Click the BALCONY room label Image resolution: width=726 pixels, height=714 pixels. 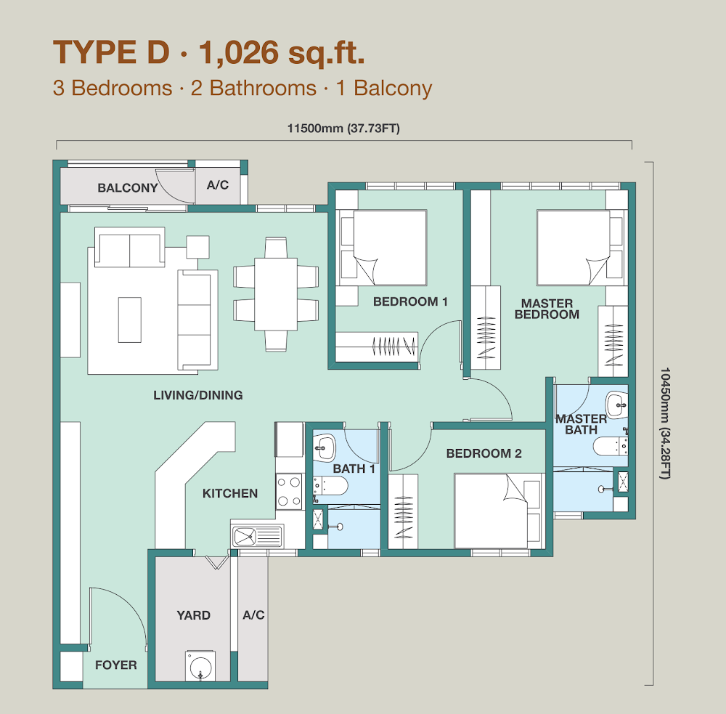click(127, 187)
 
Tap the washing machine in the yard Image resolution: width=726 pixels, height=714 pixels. click(200, 666)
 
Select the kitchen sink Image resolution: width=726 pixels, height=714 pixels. click(257, 537)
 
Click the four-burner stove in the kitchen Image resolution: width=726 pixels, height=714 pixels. click(290, 492)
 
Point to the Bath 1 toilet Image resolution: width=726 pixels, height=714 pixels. click(330, 486)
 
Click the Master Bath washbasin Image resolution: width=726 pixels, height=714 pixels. click(617, 405)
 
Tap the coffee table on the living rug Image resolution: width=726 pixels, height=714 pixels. click(130, 320)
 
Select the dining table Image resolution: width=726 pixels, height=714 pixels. click(275, 294)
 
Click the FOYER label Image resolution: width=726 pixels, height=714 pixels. click(115, 665)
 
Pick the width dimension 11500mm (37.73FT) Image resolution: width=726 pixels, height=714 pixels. click(343, 129)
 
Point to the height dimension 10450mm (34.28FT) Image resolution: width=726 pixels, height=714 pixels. click(665, 423)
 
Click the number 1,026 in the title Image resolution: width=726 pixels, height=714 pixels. click(238, 52)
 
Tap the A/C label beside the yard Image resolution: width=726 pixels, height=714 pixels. click(253, 614)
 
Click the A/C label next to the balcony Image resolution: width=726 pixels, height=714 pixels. click(218, 185)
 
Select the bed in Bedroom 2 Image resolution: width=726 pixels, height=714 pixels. click(497, 511)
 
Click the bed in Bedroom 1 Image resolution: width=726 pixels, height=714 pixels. click(384, 248)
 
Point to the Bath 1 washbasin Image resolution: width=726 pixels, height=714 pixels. click(325, 448)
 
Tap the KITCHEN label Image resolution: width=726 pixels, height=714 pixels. click(230, 493)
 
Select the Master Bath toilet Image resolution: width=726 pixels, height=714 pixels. click(611, 447)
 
